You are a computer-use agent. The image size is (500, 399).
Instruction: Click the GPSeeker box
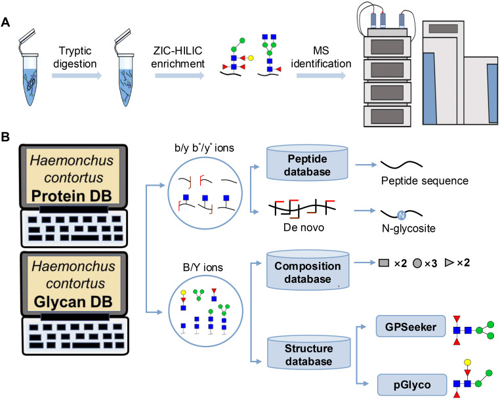click(411, 326)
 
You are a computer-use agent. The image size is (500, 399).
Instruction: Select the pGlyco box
click(412, 385)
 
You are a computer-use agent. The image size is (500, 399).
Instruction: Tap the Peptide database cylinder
click(307, 162)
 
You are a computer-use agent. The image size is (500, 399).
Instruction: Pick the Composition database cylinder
click(308, 270)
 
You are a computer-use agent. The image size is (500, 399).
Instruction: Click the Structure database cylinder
click(308, 352)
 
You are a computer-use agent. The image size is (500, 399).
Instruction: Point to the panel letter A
click(6, 23)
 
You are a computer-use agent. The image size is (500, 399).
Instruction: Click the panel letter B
click(5, 137)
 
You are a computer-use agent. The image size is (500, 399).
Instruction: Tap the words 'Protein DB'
click(72, 196)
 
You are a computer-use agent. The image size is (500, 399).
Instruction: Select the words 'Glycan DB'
click(73, 302)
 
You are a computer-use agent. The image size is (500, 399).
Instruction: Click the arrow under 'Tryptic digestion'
click(77, 75)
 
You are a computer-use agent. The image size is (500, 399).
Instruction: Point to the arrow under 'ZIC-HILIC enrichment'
click(180, 75)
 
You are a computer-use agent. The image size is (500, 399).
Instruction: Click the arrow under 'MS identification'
click(321, 75)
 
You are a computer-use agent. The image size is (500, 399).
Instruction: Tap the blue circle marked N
click(402, 215)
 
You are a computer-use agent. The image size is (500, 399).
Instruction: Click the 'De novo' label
click(304, 228)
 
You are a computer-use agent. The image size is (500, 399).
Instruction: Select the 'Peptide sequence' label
click(425, 181)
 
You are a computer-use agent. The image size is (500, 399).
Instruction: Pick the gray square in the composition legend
click(384, 262)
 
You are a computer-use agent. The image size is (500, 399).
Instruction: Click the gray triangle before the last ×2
click(449, 262)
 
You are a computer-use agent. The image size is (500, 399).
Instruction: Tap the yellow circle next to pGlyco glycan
click(467, 362)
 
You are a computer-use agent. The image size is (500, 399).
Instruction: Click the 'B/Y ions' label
click(203, 267)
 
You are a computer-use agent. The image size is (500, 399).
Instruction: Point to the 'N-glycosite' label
click(409, 228)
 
